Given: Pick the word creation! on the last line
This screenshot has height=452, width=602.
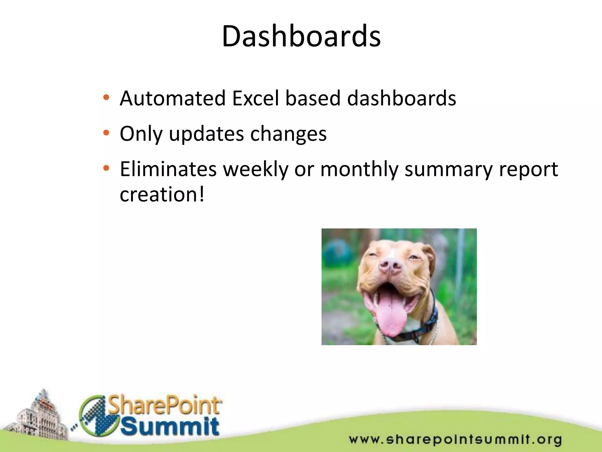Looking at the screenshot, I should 162,195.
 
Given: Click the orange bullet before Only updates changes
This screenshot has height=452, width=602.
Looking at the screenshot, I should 106,133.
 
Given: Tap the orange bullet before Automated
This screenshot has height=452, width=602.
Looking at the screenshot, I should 106,97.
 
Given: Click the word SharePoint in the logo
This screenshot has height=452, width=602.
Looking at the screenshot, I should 165,406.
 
